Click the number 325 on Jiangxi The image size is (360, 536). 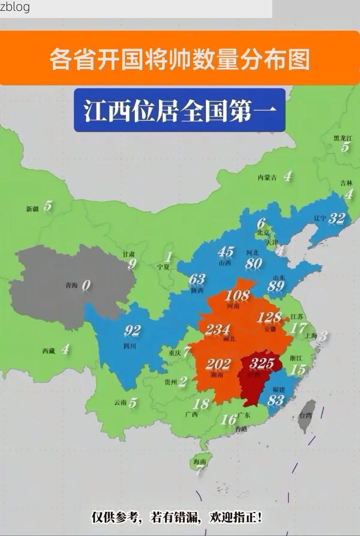(262, 363)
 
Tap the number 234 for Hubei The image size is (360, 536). (217, 330)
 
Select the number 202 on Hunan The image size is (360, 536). (218, 364)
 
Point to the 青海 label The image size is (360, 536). (71, 285)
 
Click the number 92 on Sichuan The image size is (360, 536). (132, 331)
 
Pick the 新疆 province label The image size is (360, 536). (32, 208)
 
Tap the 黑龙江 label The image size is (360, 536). (342, 138)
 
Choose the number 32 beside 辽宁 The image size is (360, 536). (337, 218)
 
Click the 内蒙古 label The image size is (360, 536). (267, 177)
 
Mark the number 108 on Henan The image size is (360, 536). (237, 296)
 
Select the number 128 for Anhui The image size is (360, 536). (269, 317)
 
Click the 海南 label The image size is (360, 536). (199, 461)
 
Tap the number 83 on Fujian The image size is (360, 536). (275, 400)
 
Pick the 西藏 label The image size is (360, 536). (49, 351)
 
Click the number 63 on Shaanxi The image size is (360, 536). (197, 279)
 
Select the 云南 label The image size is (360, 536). (120, 402)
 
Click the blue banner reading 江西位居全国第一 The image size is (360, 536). (180, 111)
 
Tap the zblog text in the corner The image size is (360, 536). (15, 7)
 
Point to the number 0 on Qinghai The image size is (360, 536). (86, 285)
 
